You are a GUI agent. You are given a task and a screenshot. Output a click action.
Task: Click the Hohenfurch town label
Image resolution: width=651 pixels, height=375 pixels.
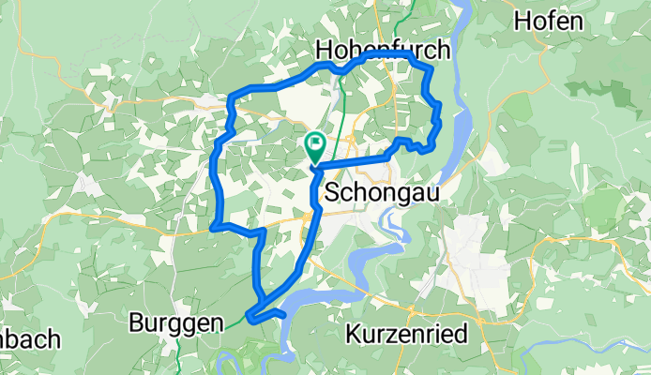[x=384, y=49]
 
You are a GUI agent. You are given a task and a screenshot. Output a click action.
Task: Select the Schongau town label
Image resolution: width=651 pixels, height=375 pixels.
[x=381, y=191]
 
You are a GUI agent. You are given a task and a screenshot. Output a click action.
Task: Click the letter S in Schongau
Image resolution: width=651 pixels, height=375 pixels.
[x=334, y=191]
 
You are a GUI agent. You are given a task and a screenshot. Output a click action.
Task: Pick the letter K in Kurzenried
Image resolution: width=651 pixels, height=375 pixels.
[x=355, y=333]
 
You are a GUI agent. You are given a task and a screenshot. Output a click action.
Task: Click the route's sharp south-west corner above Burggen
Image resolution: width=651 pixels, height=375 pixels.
[x=214, y=227]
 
